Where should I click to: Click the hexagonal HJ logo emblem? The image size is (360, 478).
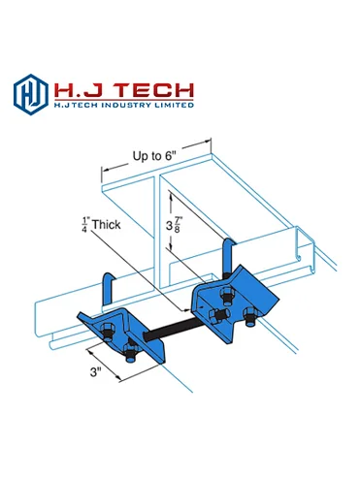(x=31, y=94)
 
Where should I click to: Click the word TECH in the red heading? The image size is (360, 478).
(x=154, y=91)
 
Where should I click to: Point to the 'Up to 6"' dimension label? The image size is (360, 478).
(x=154, y=156)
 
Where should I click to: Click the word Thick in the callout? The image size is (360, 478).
(x=106, y=225)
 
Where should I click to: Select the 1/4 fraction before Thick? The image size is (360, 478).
(x=85, y=225)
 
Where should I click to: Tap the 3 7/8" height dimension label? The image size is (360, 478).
(x=173, y=225)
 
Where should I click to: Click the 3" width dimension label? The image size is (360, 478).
(x=95, y=372)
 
